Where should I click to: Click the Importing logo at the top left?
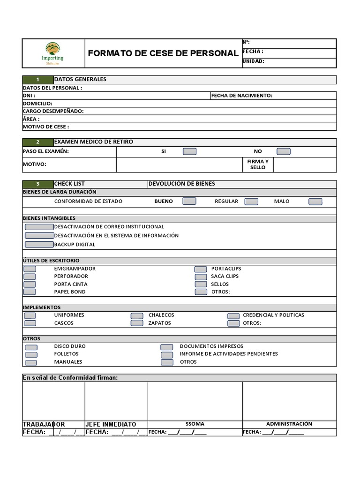tap(52, 52)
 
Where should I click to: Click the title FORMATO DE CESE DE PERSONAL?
tap(163, 53)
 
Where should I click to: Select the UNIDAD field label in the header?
tap(254, 61)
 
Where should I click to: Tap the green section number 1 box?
tap(38, 80)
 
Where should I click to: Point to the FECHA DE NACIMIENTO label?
tap(241, 96)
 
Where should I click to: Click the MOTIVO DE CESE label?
tap(46, 127)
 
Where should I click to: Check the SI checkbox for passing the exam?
tap(189, 151)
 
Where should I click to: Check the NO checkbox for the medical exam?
tap(284, 151)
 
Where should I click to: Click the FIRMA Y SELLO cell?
tap(258, 165)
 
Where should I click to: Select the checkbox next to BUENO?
tap(189, 201)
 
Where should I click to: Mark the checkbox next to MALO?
tap(315, 202)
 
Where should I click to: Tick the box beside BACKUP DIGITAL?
tap(39, 244)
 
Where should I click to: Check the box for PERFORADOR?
tap(30, 277)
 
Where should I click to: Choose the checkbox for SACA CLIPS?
tap(201, 277)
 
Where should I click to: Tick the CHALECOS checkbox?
tap(137, 315)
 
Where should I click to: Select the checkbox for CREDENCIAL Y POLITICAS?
tap(233, 315)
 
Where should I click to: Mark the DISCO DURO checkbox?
tap(31, 347)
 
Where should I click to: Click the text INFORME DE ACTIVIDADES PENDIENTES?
tap(229, 354)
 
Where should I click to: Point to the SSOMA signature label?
tap(195, 424)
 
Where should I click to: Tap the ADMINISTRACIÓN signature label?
tap(289, 424)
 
